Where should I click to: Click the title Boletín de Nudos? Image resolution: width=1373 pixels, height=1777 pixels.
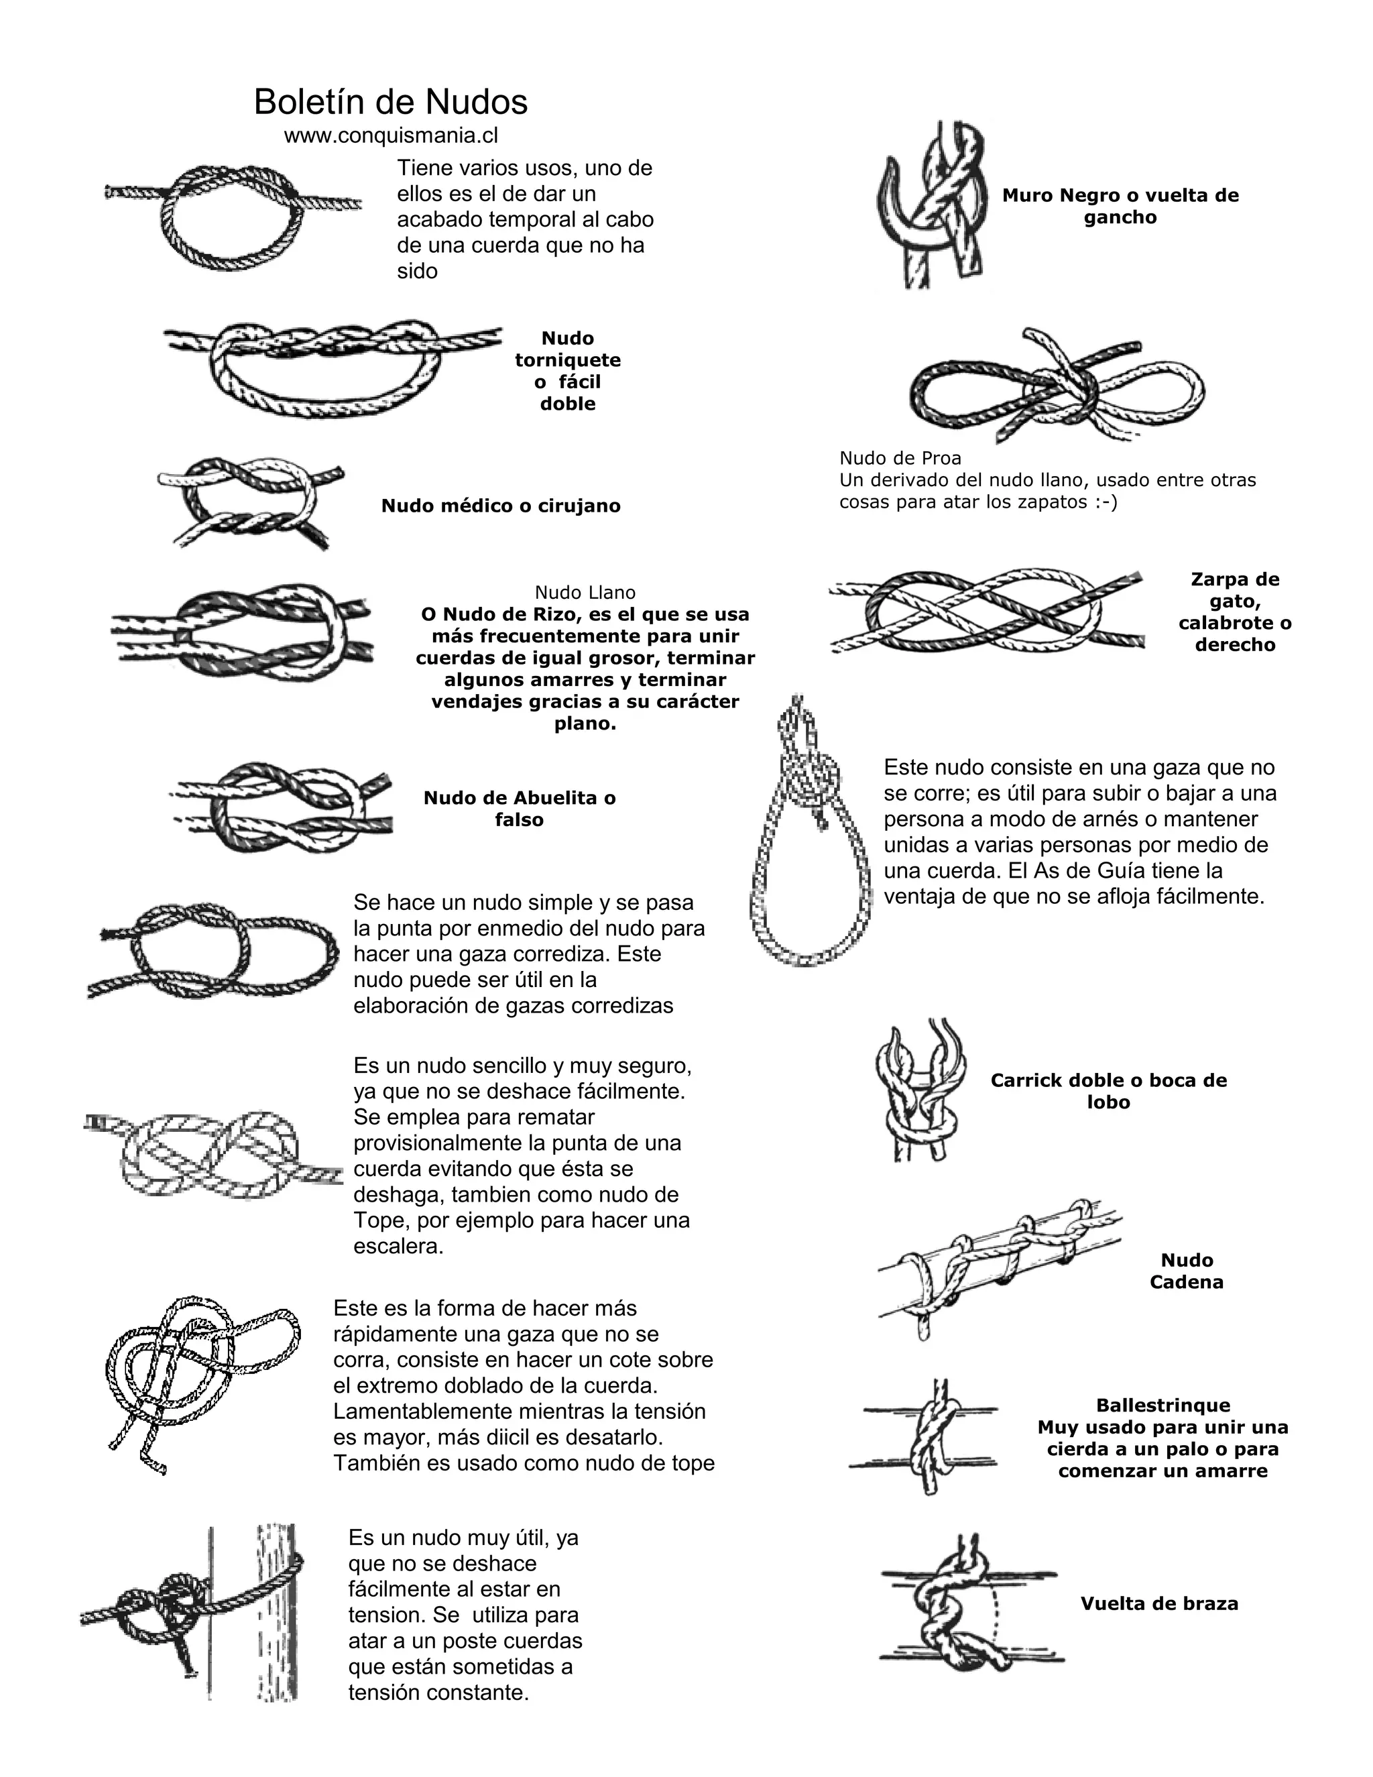point(390,103)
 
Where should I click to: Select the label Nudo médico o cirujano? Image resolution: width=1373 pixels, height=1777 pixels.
point(501,506)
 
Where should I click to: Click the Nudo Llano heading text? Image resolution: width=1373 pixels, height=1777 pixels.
point(585,592)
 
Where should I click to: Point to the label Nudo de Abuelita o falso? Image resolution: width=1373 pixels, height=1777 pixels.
point(520,809)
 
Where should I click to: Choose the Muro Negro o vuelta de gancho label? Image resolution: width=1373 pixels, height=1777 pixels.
point(1120,206)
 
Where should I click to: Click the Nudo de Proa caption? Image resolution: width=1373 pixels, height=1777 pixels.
point(900,458)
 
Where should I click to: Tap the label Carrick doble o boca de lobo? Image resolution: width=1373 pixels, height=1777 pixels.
point(1109,1091)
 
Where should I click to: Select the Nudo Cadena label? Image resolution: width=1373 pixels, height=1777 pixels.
point(1187,1271)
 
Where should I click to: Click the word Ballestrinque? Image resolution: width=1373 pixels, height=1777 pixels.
point(1163,1405)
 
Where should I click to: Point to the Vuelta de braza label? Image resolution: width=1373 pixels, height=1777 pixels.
point(1159,1604)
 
